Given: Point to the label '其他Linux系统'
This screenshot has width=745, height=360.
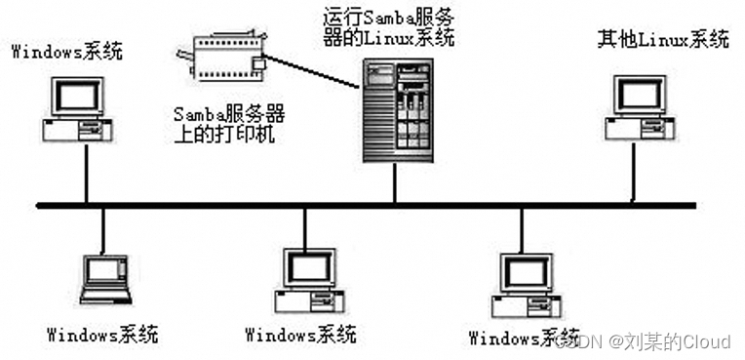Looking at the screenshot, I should point(662,40).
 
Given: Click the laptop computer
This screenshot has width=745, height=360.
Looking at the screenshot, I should point(104,279).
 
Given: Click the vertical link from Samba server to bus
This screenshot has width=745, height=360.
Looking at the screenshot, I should point(394,184).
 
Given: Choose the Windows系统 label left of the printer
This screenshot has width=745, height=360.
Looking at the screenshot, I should point(67,51).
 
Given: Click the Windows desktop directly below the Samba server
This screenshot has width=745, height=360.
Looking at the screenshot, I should point(309,277).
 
